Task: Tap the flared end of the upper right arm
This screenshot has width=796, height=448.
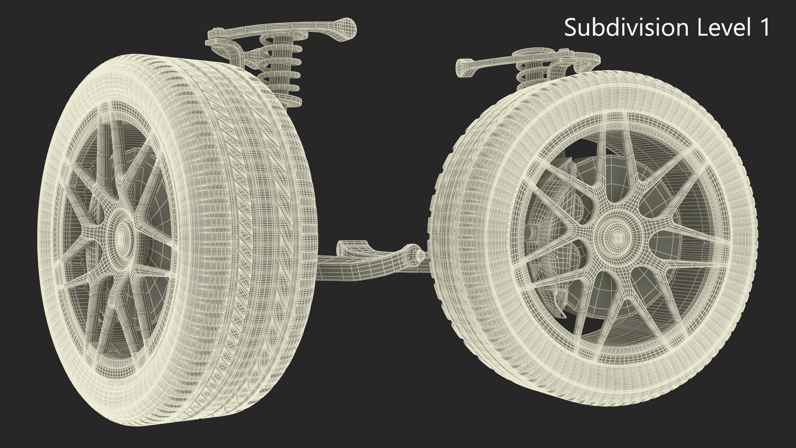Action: (466, 66)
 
